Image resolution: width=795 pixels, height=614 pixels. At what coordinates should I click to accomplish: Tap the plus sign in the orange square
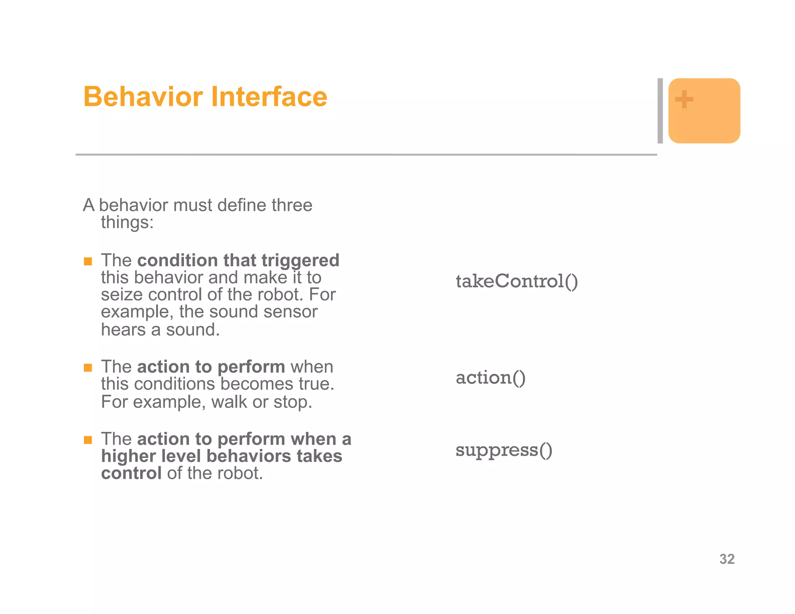[684, 99]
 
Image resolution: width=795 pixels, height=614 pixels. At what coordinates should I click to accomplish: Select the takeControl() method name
[517, 281]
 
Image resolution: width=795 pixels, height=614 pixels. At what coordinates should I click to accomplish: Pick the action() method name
[491, 378]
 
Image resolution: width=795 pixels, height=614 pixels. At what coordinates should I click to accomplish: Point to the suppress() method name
[503, 450]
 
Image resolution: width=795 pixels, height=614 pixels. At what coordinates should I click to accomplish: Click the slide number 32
[727, 559]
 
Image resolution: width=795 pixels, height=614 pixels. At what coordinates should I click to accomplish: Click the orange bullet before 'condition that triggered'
[88, 261]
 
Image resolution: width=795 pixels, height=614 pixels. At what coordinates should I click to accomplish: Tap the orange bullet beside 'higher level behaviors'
[88, 440]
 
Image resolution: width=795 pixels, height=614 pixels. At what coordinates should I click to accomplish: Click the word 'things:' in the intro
[127, 222]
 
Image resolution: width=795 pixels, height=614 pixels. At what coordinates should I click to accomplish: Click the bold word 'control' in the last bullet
[131, 473]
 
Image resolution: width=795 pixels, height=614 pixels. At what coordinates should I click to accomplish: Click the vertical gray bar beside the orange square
[660, 111]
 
